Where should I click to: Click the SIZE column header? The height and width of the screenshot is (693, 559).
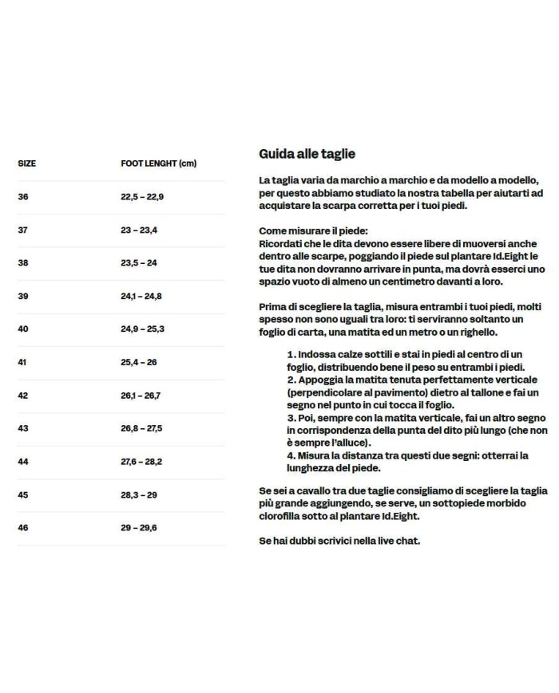pos(26,163)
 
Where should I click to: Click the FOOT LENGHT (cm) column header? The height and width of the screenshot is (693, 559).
pos(158,163)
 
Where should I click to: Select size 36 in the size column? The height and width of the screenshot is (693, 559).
pos(22,196)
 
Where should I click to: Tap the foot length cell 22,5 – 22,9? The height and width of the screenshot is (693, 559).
pos(142,196)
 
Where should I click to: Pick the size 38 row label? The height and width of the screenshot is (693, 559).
pos(22,262)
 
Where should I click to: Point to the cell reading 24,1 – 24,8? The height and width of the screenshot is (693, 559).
pos(141,296)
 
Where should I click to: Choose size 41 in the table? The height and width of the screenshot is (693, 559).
pos(22,362)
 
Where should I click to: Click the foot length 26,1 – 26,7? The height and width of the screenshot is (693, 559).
pos(141,396)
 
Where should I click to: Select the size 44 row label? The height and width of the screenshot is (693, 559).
pos(22,462)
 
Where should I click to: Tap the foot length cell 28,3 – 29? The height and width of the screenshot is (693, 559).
pos(139,495)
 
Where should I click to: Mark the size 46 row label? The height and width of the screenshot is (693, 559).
pos(22,528)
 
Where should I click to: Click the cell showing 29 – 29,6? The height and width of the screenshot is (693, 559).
pos(139,528)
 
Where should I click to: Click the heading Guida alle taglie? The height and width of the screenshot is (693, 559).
pos(307,154)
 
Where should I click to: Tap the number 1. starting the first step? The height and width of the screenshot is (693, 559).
pos(292,354)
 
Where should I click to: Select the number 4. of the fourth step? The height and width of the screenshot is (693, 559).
pos(292,456)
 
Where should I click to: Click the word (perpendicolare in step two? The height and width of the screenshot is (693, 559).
pos(322,393)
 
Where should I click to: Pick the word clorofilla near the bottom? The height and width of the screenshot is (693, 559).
pos(282,515)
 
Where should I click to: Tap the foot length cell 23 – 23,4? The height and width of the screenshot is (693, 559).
pos(139,230)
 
